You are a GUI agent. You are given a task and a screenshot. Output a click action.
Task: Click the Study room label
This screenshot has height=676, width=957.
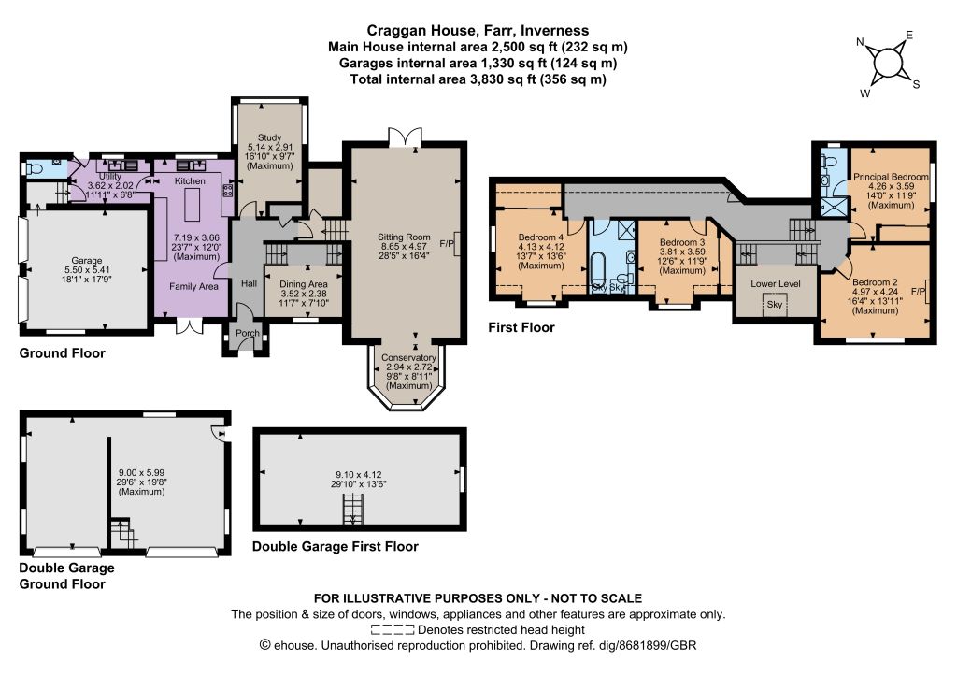click(x=269, y=138)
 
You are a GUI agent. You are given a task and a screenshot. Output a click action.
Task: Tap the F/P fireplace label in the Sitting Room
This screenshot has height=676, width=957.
click(x=447, y=244)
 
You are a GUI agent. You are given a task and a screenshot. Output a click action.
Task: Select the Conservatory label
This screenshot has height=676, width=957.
click(x=409, y=358)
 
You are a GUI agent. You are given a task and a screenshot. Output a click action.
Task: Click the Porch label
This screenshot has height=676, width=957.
click(x=247, y=333)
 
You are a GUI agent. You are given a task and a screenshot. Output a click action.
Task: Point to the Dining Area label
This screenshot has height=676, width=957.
click(x=304, y=284)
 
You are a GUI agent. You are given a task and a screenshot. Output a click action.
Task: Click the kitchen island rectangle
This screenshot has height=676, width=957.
click(x=193, y=205)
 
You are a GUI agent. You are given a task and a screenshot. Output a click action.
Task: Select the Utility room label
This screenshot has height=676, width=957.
click(x=110, y=177)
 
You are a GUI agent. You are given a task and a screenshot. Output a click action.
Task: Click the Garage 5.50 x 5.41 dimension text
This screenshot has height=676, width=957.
click(x=87, y=270)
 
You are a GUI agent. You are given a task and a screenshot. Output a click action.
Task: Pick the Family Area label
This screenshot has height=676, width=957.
click(x=193, y=286)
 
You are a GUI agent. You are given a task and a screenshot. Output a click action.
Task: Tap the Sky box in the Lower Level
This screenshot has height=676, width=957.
click(x=775, y=304)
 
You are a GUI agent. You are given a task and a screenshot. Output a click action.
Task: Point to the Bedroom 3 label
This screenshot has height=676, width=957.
click(x=682, y=242)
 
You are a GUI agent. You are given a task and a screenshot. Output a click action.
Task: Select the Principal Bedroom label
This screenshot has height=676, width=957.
click(x=891, y=177)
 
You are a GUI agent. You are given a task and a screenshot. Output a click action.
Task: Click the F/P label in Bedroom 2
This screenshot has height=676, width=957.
click(x=919, y=292)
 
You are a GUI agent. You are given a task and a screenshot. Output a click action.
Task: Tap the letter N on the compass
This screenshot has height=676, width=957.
click(x=860, y=42)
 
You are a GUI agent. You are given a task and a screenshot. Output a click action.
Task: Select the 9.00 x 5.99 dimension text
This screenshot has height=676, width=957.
click(x=142, y=473)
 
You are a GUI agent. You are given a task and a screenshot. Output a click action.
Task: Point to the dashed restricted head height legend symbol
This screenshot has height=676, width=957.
click(x=393, y=630)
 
